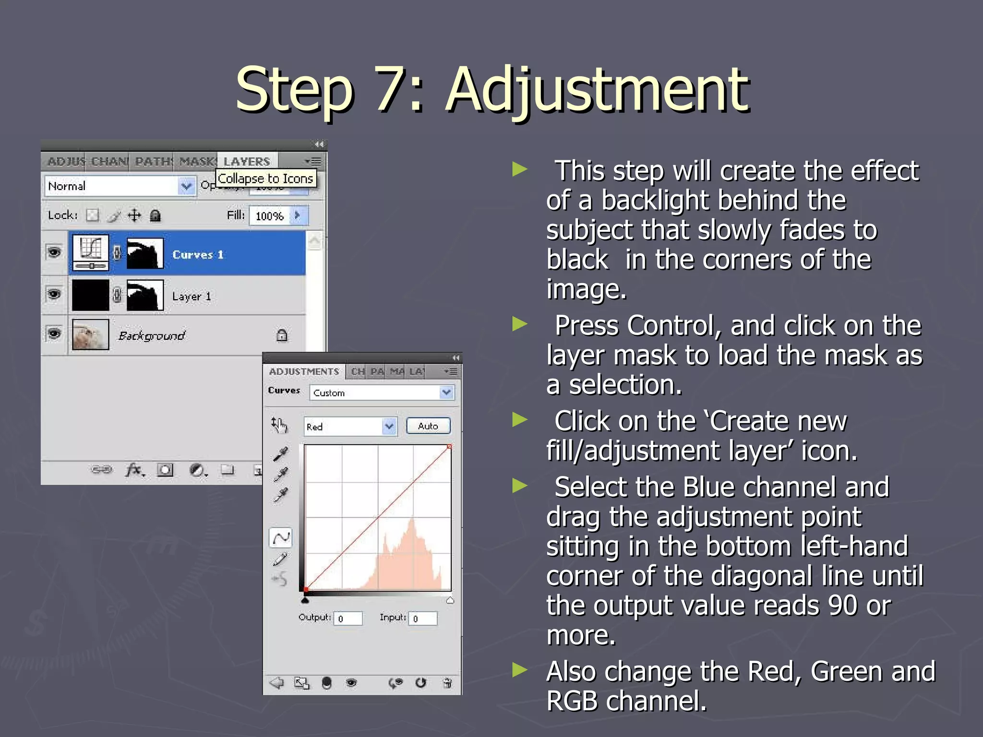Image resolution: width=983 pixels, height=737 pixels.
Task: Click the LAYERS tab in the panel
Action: [x=247, y=162]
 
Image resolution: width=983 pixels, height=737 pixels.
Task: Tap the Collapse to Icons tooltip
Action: [x=265, y=178]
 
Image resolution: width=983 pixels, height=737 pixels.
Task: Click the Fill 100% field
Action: [x=270, y=216]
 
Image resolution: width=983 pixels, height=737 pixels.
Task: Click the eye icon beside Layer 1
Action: [x=54, y=294]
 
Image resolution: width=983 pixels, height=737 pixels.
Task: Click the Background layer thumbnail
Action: [x=90, y=334]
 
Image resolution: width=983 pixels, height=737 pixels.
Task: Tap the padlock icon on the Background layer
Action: [x=282, y=335]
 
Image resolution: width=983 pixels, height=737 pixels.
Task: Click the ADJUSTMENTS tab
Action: [x=304, y=372]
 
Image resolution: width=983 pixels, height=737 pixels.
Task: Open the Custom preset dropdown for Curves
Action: [x=382, y=393]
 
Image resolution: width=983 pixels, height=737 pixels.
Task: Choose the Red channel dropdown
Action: [x=350, y=427]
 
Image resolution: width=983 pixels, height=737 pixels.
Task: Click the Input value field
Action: [x=423, y=618]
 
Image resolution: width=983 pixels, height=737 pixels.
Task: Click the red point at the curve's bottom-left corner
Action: [x=306, y=589]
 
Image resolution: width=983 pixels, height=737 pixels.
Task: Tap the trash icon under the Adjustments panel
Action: [x=447, y=683]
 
